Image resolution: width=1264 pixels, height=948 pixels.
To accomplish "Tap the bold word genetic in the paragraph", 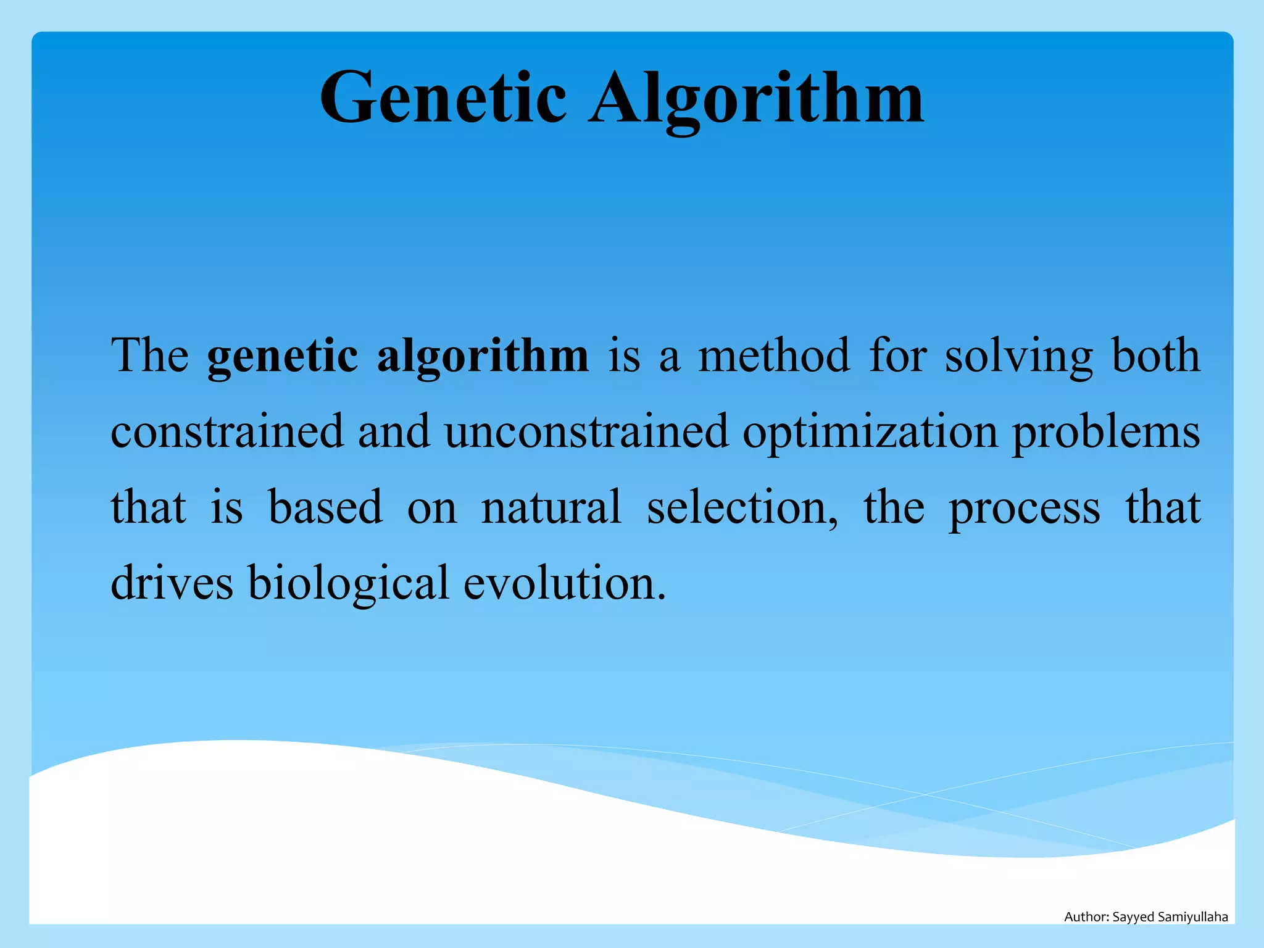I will tap(282, 357).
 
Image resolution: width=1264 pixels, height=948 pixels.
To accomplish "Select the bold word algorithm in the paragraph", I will tap(483, 357).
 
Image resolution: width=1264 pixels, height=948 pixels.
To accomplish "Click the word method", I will tap(774, 355).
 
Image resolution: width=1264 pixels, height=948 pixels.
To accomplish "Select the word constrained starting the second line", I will tap(227, 431).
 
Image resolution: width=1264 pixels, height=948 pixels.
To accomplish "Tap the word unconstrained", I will tap(586, 431).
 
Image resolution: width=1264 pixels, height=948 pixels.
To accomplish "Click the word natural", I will tap(551, 507).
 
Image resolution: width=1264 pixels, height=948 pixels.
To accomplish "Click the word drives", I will tap(172, 583).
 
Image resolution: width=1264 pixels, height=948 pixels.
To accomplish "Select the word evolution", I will tap(564, 583).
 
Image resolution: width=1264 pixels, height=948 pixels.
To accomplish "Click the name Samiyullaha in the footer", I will tap(1192, 917).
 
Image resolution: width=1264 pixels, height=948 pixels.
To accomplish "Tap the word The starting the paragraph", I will tap(150, 355).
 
